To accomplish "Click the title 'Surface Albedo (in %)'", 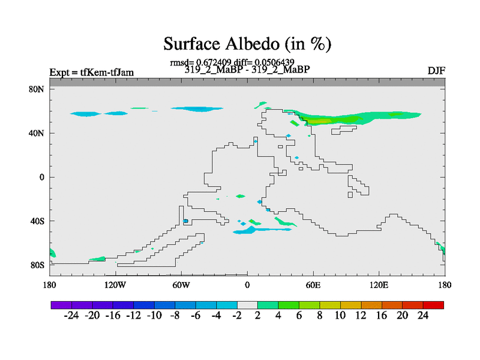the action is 247,44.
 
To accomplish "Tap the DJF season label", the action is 436,71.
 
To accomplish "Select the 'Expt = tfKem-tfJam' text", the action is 92,73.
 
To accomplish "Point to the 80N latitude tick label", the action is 37,89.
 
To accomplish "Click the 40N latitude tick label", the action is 37,133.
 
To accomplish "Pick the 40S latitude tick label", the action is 37,221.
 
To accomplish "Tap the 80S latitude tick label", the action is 37,265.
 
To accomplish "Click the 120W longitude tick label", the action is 115,285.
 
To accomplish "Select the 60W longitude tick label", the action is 181,285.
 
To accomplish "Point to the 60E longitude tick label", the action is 313,285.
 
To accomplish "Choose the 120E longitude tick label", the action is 379,285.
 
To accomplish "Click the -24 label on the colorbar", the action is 71,316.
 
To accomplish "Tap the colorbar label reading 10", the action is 340,316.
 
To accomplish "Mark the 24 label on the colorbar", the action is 423,316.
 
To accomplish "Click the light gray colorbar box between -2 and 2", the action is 247,305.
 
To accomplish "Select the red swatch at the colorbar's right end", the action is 433,305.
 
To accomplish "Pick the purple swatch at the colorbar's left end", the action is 61,305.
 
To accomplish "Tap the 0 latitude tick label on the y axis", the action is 41,177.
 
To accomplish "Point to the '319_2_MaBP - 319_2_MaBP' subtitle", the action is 247,70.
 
